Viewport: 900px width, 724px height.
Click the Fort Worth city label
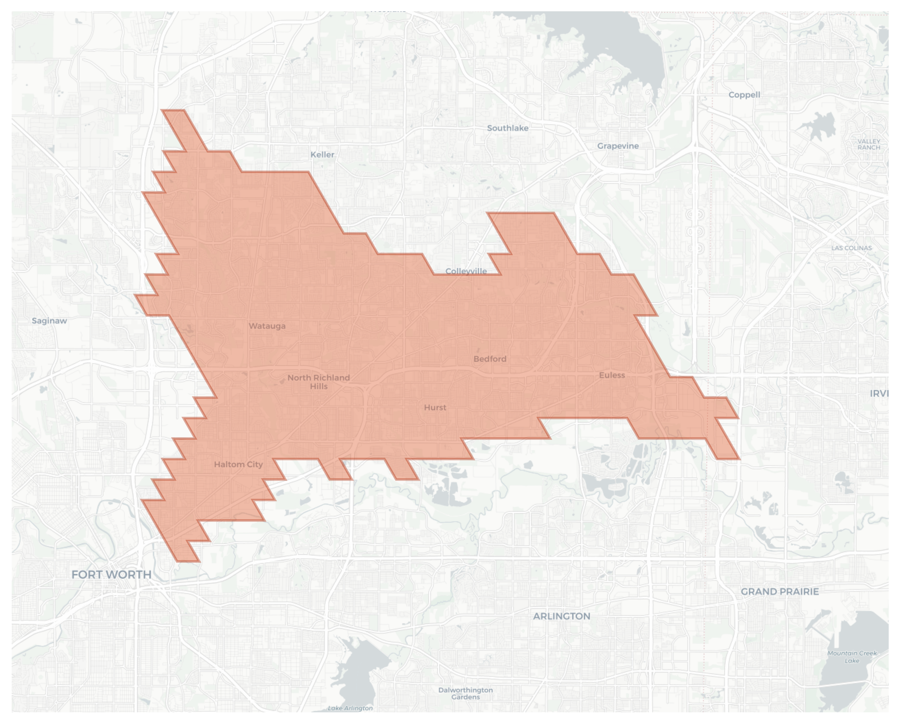[x=111, y=575]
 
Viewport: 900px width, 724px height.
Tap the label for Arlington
[x=561, y=616]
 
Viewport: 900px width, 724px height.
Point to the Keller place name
[x=322, y=155]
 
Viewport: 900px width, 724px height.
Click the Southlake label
[x=507, y=128]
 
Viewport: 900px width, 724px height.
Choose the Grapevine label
[x=618, y=146]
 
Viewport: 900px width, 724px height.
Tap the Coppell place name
[x=744, y=95]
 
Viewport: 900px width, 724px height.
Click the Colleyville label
[x=466, y=271]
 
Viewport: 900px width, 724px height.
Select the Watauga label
[x=267, y=326]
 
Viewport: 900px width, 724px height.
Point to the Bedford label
[x=490, y=359]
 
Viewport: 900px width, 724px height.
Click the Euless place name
[x=612, y=375]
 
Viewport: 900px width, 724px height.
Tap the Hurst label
[x=435, y=407]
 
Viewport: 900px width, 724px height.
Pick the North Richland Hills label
[x=318, y=382]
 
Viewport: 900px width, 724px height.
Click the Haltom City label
[x=239, y=465]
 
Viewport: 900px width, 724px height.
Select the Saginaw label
[x=49, y=321]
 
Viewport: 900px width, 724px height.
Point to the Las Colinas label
[x=851, y=248]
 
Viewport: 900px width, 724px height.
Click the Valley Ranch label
[x=869, y=144]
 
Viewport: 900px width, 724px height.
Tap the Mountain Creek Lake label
[x=852, y=657]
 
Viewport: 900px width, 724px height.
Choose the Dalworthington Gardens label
[x=465, y=694]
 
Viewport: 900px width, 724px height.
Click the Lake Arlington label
[x=350, y=708]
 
